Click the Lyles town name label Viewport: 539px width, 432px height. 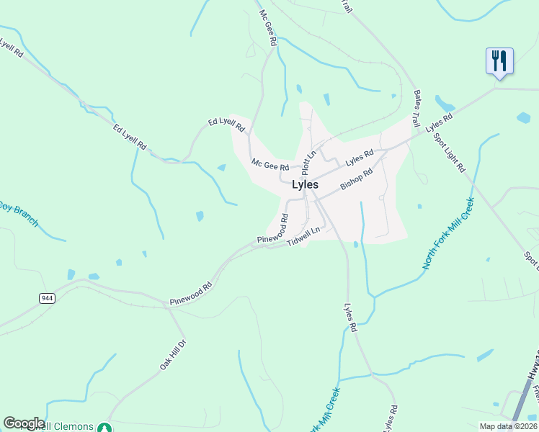click(305, 185)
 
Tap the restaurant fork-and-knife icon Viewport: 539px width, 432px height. click(499, 60)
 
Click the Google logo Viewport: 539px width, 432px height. click(24, 423)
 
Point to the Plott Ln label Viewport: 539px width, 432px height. click(311, 163)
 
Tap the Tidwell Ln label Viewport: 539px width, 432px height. click(303, 235)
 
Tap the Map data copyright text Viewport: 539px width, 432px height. click(507, 426)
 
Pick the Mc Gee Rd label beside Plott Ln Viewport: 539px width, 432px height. click(269, 164)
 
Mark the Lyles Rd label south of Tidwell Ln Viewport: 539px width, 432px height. click(351, 317)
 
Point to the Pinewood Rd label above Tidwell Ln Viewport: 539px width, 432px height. click(272, 228)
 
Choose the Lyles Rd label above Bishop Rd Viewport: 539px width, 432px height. click(360, 156)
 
